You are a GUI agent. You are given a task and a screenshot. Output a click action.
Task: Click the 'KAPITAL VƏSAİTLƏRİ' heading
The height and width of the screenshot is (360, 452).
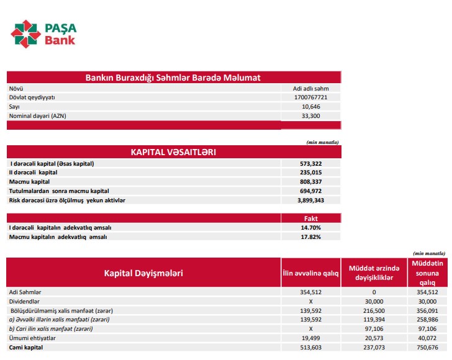173,151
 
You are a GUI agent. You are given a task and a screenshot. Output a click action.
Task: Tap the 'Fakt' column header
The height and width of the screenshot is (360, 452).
311,218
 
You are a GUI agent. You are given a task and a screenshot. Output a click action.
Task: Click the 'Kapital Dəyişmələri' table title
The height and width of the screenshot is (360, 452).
143,272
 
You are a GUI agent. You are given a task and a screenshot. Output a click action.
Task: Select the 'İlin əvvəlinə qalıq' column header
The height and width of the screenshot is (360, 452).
311,273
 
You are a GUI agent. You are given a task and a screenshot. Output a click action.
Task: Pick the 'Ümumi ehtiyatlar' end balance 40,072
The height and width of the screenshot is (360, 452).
427,338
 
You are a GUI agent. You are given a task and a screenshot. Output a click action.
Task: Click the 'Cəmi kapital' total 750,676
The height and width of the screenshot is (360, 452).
427,347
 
